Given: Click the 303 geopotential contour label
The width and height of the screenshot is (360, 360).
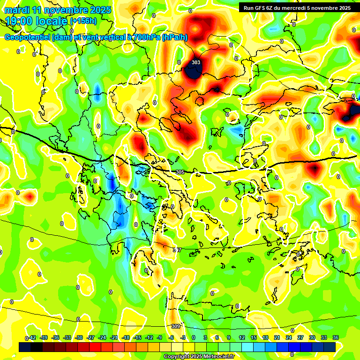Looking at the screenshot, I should click(x=196, y=62).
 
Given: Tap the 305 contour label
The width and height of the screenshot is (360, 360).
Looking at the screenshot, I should click(x=180, y=172).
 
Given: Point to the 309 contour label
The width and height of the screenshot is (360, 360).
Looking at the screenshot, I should click(x=175, y=326).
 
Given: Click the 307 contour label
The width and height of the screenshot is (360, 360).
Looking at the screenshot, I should click(x=177, y=250).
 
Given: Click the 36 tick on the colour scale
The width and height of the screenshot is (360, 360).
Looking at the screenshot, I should click(x=336, y=338).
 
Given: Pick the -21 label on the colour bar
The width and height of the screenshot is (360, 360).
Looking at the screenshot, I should click(x=114, y=338).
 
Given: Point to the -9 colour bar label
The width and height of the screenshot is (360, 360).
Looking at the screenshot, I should click(x=159, y=338).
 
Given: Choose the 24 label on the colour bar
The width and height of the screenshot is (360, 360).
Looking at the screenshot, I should click(x=289, y=338).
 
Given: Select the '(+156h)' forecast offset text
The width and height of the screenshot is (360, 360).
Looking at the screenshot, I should click(x=83, y=21).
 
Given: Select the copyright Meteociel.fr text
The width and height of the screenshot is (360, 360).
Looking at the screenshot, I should click(x=199, y=356).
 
